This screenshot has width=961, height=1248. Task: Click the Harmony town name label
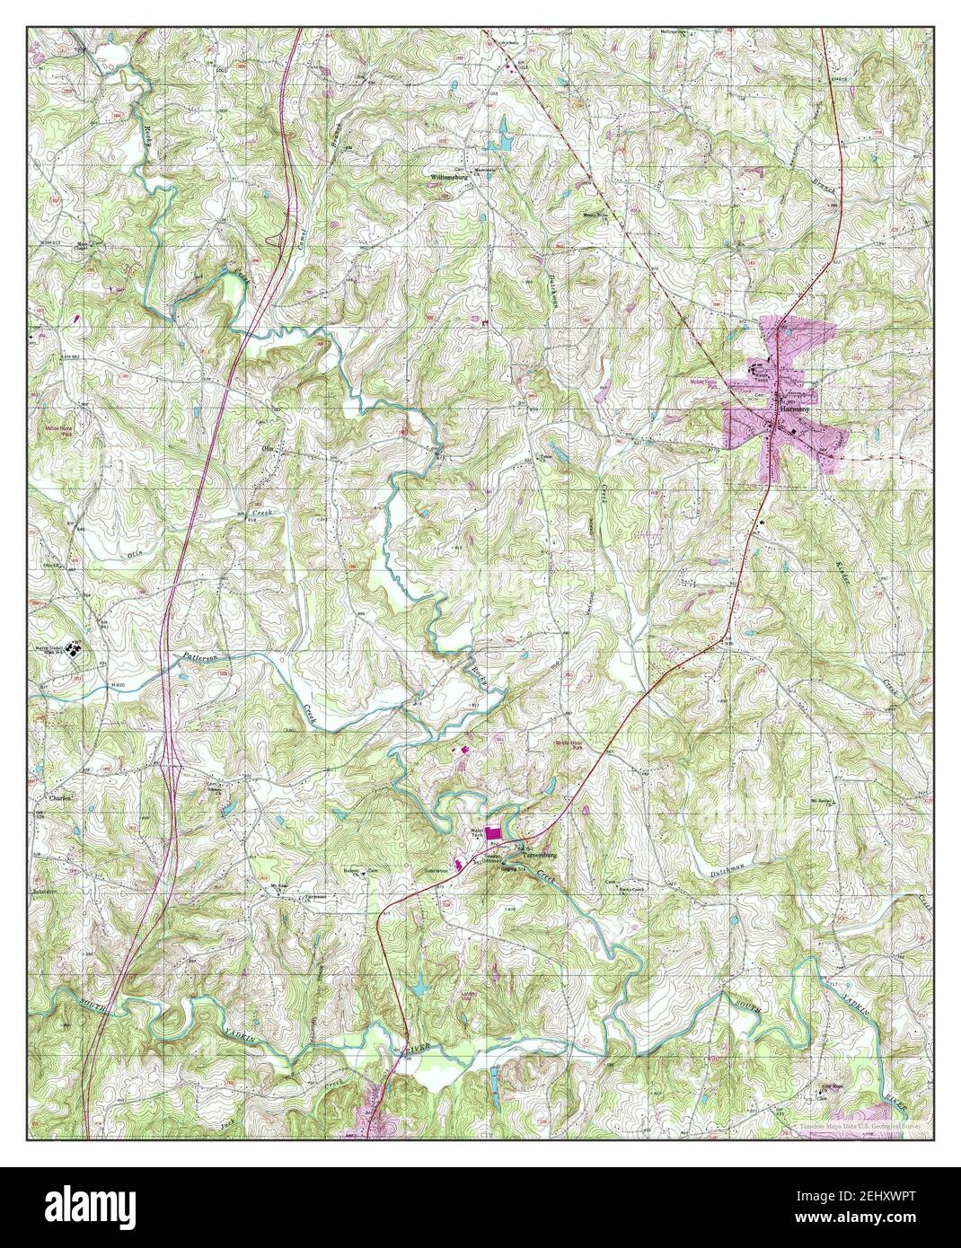pos(793,409)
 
